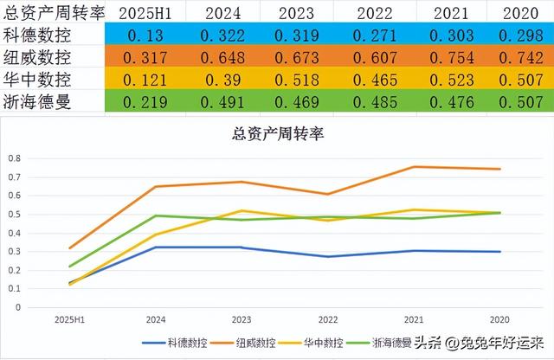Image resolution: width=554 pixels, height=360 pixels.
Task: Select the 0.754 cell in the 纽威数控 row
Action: click(x=450, y=58)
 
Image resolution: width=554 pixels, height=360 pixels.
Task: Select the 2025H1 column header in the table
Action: click(x=145, y=14)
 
